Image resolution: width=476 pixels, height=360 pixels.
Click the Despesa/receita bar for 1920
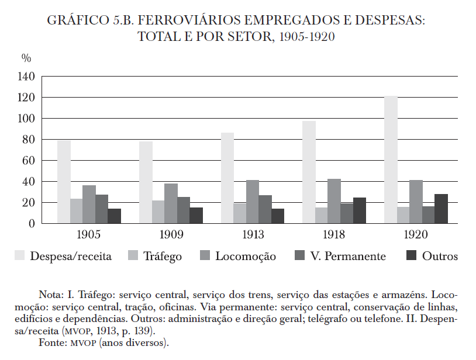[x=391, y=160]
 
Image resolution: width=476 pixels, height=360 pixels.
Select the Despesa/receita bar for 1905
[x=64, y=182]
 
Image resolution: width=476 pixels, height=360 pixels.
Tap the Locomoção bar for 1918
[x=334, y=201]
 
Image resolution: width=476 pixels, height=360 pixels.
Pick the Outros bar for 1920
[x=441, y=209]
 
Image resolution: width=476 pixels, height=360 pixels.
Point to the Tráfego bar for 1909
[x=158, y=212]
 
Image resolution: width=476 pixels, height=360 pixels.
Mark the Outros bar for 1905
[x=114, y=216]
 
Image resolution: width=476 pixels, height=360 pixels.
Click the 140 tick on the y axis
[x=27, y=77]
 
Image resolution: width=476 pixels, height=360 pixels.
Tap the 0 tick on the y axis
[x=32, y=224]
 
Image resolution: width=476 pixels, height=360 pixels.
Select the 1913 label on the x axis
[x=253, y=236]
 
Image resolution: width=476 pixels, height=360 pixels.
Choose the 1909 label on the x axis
[x=171, y=236]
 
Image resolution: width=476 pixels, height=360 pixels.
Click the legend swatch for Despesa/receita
[x=20, y=256]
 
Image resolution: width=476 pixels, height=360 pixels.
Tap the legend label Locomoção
[x=246, y=257]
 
